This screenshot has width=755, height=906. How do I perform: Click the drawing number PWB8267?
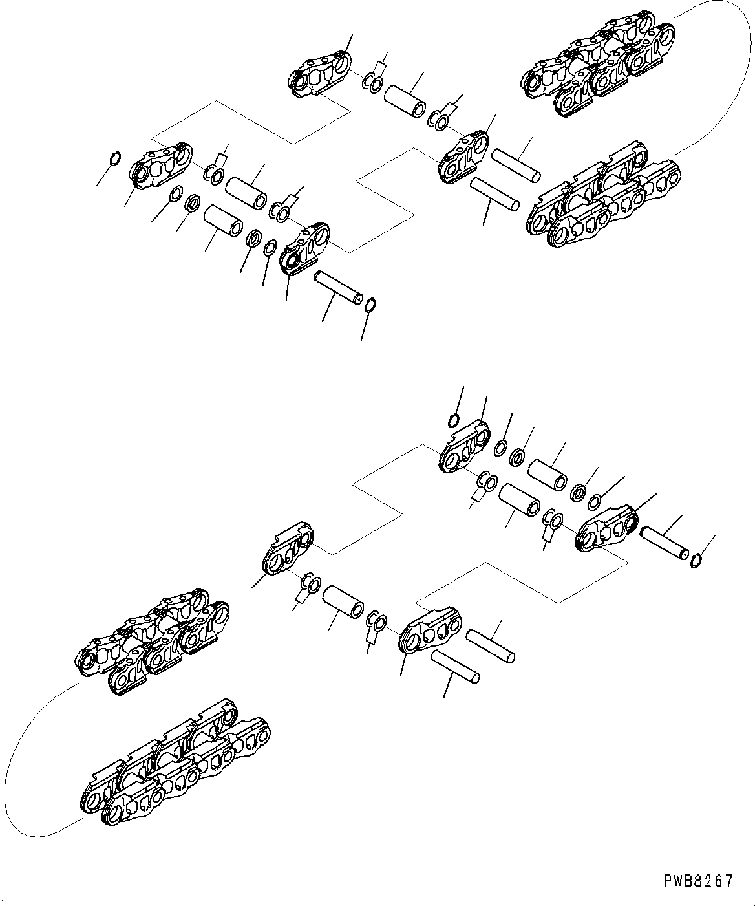click(698, 880)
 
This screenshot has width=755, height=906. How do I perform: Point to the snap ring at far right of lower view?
click(697, 560)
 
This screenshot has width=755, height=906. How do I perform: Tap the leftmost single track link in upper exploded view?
click(161, 167)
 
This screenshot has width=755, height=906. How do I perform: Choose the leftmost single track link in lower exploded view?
click(289, 549)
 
